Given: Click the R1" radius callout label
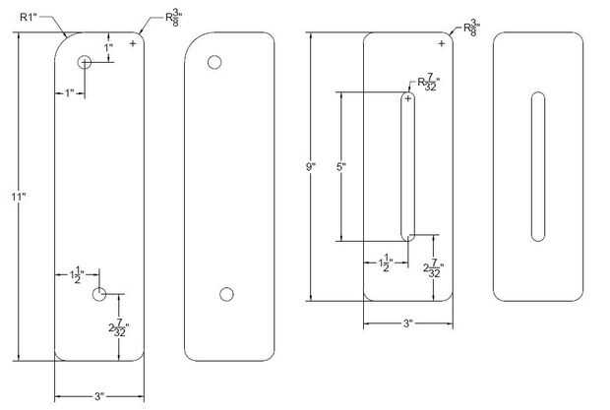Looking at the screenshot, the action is point(29,17).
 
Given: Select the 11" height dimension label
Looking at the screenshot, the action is point(19,197).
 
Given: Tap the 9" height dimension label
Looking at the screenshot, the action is point(311,167).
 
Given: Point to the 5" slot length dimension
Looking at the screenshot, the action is point(340,167).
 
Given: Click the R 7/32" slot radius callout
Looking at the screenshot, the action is point(428,84).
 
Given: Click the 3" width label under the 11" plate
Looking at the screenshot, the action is point(99,396).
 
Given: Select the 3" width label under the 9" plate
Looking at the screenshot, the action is point(407,323).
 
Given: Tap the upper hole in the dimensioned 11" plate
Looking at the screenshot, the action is point(85,62).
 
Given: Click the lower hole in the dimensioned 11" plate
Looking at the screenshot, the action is point(99,294).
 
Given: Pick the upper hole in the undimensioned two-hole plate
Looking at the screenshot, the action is point(214,62).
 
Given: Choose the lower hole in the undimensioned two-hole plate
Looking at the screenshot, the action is point(226,294).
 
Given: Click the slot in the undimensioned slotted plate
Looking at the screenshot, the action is point(538,167).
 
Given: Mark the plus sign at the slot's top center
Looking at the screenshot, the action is point(407,98).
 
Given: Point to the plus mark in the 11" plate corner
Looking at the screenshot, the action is point(133,43).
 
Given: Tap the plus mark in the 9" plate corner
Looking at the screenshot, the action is point(441,43).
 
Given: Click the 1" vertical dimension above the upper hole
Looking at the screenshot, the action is point(108,48).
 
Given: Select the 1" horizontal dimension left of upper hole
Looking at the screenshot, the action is point(69,92).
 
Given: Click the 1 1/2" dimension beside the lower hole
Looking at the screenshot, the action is point(77,274).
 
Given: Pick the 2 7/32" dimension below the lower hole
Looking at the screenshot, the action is point(118,328).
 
